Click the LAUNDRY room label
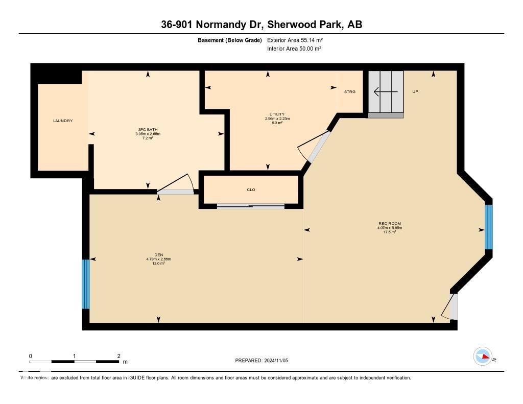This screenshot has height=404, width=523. pos(63,121)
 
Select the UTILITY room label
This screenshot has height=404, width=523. pos(277,114)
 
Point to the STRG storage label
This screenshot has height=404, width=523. pos(350,91)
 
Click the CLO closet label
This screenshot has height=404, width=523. pos(251,189)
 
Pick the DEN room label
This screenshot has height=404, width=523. pos(158,255)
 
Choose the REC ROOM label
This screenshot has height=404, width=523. pos(386,224)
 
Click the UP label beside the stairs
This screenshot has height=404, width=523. pos(415,91)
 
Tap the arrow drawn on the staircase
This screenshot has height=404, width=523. pos(386,92)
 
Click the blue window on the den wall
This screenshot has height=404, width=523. pos(86,284)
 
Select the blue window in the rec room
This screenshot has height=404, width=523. pos(488,227)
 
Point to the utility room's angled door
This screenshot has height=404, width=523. pos(313,147)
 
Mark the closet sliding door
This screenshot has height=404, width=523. pos(251,206)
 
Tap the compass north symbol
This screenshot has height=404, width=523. pos(482,357)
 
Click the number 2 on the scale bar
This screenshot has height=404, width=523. pos(118,356)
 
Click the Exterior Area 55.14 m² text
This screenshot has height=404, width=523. pos(295,40)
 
